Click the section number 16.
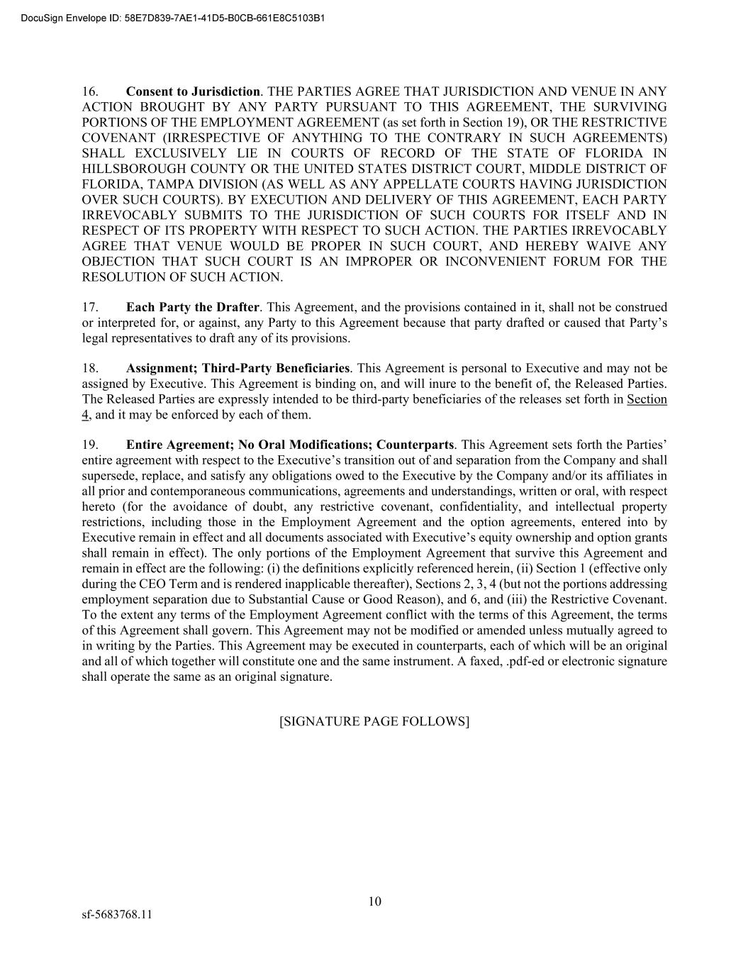[x=89, y=91]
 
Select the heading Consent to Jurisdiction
[x=193, y=91]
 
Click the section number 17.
[x=89, y=307]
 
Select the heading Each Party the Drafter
[x=193, y=307]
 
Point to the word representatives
[x=149, y=338]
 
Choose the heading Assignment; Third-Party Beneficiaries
[x=238, y=368]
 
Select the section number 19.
[x=89, y=445]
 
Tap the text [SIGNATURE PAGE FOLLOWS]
[x=374, y=721]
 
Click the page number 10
[x=374, y=901]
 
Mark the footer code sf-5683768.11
[x=117, y=914]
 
